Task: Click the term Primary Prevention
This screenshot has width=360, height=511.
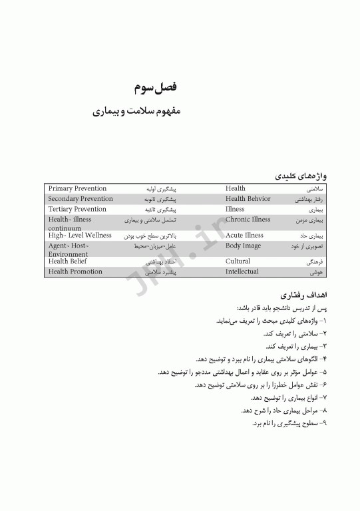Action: click(77, 189)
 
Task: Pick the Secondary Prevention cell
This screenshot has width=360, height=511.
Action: click(81, 199)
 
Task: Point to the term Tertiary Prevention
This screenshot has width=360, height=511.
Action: click(77, 209)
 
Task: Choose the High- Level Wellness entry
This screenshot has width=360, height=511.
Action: click(80, 236)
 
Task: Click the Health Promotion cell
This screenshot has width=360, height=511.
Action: click(75, 271)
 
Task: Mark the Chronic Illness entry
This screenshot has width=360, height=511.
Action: click(248, 219)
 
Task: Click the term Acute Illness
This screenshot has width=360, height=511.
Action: click(244, 236)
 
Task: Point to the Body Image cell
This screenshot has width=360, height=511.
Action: click(243, 246)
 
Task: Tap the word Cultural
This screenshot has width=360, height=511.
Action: click(238, 261)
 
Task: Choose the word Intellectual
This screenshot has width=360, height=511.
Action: click(242, 271)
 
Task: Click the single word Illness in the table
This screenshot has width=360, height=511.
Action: click(235, 209)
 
